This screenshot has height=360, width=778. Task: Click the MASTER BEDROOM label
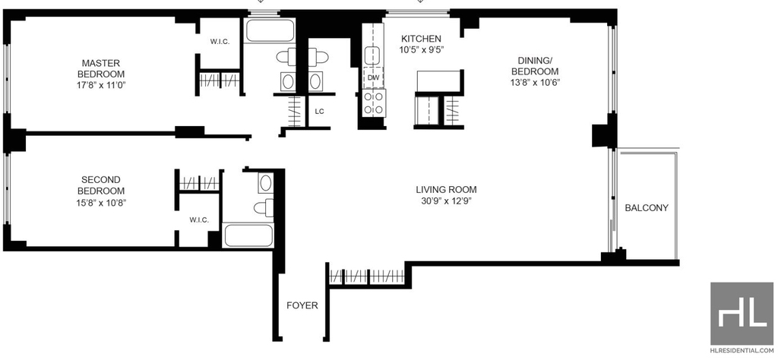(101, 68)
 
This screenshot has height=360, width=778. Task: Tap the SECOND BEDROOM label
(101, 185)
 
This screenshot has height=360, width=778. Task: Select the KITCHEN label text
(421, 39)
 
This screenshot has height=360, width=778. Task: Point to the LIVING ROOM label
(447, 189)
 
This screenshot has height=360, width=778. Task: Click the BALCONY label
(647, 208)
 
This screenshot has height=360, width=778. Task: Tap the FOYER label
(302, 306)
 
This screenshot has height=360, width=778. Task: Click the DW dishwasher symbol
(373, 77)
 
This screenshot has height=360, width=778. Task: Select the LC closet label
(320, 112)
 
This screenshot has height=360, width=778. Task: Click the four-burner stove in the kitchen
(374, 103)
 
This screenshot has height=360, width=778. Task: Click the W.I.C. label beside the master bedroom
(220, 42)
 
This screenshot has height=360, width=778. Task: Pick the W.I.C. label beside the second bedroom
(198, 220)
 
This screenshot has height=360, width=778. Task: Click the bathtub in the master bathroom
(270, 30)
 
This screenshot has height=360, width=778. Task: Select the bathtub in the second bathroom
(248, 235)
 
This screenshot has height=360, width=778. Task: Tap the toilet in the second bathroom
(264, 207)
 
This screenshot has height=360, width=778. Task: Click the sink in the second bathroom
(265, 184)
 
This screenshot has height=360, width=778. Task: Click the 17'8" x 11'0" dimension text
(101, 85)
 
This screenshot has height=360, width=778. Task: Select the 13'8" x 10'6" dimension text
(535, 82)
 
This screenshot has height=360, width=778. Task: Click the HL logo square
(742, 314)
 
